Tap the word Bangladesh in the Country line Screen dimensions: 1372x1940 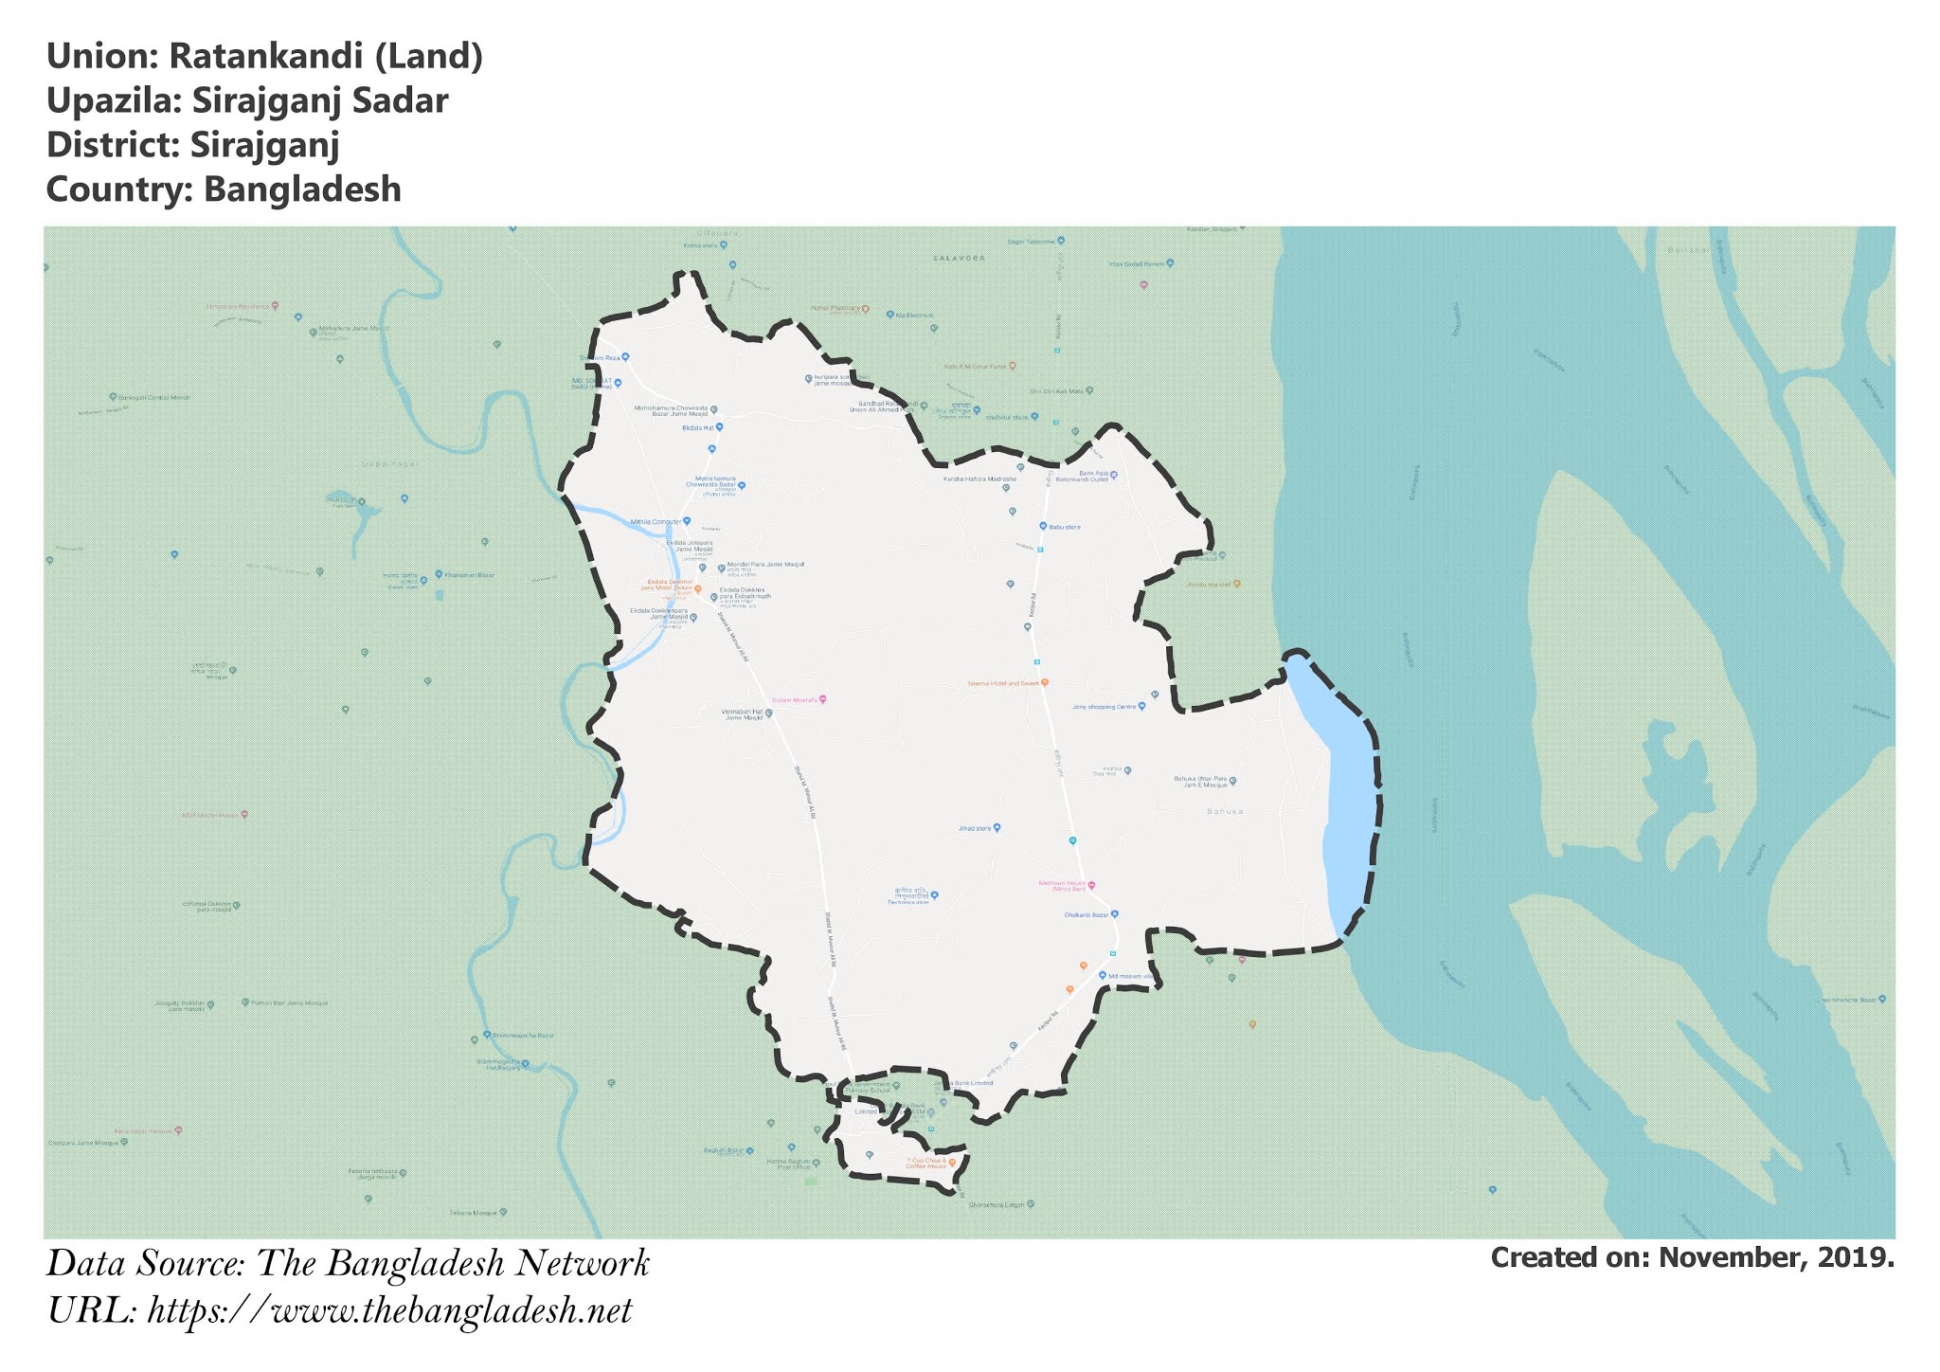coord(302,190)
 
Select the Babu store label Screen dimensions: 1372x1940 coord(1064,527)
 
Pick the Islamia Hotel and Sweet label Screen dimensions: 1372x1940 coord(1002,683)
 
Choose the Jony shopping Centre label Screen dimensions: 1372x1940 coord(1104,707)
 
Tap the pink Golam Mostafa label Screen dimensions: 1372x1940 coord(795,699)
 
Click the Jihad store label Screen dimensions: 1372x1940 coord(974,828)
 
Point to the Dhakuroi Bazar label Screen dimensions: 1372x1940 coord(1086,915)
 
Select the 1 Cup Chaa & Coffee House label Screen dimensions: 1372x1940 coord(925,1163)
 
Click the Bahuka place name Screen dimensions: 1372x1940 coord(1225,812)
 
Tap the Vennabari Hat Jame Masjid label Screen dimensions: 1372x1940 coord(743,714)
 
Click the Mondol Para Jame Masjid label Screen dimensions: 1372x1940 coord(765,565)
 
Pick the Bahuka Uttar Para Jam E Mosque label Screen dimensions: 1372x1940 coord(1200,782)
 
